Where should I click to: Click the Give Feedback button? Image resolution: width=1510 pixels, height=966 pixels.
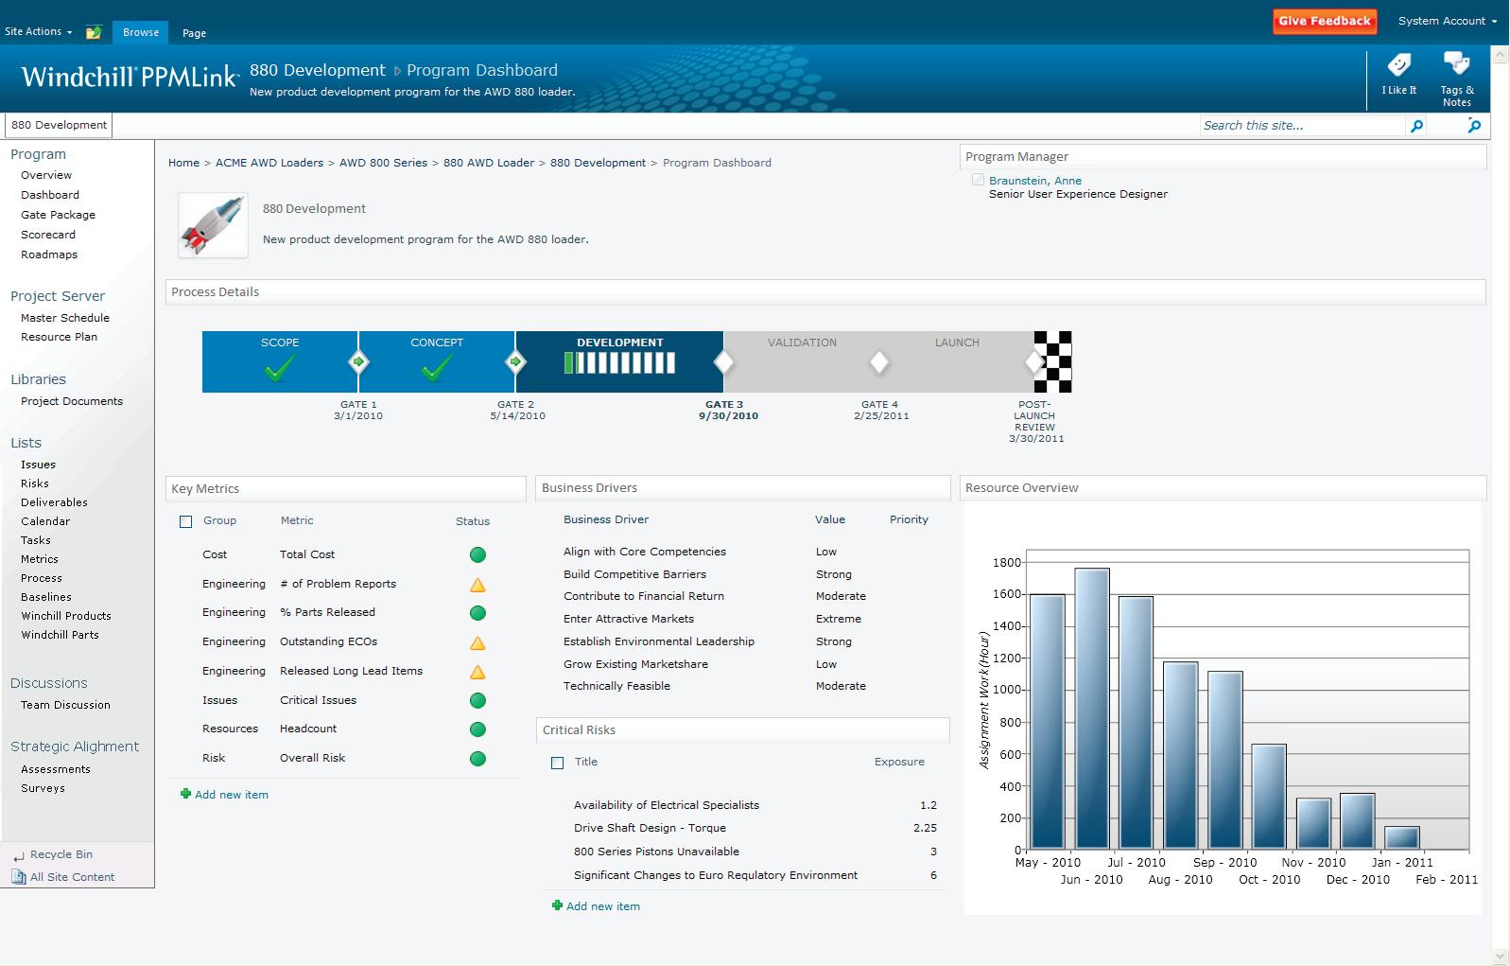1324,21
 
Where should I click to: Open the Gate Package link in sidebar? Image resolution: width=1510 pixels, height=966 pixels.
58,215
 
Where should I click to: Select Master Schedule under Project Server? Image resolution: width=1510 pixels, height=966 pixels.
65,318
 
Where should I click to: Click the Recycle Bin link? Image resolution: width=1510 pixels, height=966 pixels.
61,854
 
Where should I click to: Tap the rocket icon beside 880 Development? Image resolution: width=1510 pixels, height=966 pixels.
213,225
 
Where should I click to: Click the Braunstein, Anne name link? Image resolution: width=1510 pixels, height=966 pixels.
1034,181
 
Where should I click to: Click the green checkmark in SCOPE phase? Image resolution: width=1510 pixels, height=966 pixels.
280,367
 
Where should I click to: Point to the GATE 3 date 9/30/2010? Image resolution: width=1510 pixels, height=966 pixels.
728,416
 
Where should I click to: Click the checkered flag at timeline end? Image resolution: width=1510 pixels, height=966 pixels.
1053,361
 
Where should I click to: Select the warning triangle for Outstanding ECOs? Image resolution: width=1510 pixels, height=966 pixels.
477,643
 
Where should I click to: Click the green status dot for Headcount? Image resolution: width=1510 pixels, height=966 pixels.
477,729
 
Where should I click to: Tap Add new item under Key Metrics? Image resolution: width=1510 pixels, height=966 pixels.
231,795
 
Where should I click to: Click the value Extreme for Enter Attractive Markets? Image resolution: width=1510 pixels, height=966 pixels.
838,619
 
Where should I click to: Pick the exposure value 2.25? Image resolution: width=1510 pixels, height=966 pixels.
925,828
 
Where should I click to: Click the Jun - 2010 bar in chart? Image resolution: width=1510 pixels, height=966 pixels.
1092,710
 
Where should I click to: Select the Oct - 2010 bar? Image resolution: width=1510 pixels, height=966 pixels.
1269,797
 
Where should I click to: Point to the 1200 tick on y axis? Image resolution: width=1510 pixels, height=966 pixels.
1006,659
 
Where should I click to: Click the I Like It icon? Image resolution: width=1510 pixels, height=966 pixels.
1398,66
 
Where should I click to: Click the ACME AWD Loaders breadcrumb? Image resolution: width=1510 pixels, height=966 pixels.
269,163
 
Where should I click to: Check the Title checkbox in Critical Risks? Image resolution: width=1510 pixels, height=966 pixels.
557,763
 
